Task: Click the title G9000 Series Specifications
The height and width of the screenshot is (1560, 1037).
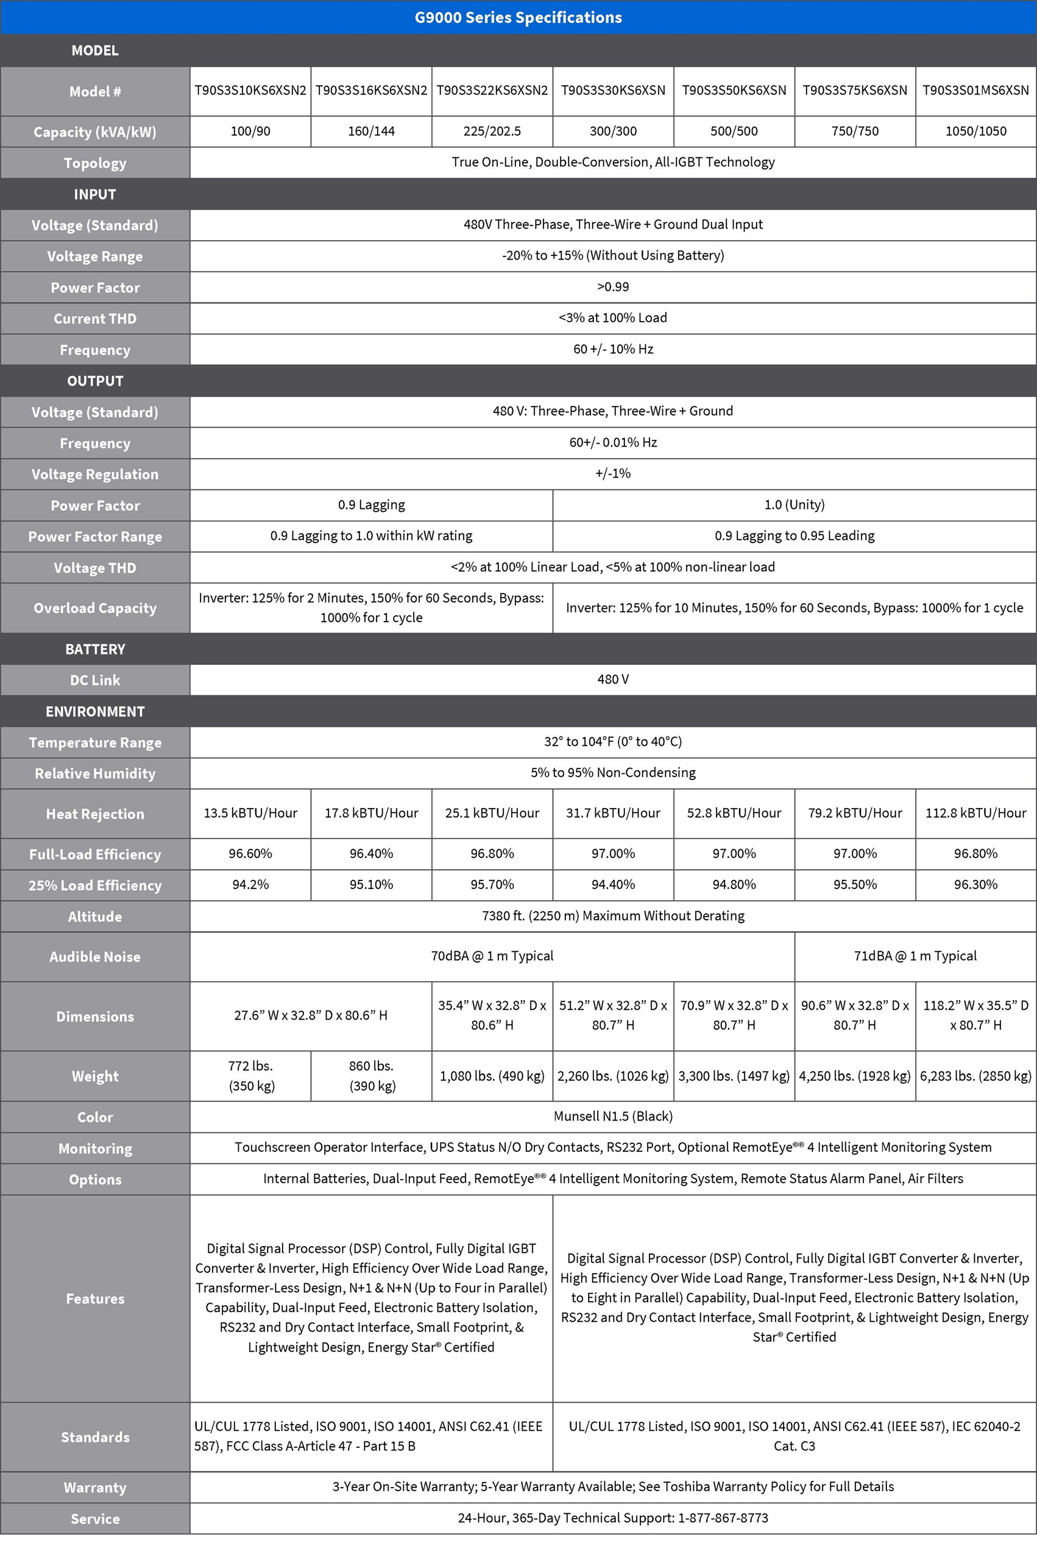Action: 518,17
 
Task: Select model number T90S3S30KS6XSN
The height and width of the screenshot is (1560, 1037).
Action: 613,91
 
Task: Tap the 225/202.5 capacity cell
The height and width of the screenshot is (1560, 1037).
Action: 492,131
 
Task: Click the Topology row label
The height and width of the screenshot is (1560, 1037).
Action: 94,163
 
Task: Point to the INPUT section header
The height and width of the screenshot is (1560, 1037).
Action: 94,194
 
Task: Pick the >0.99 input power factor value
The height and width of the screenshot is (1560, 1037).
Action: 613,287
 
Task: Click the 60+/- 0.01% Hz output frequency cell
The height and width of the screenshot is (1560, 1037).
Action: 613,442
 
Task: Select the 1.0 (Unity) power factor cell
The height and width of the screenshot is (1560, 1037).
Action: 795,505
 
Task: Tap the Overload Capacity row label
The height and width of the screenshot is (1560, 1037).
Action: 94,608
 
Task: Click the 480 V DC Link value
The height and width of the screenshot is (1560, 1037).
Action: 613,679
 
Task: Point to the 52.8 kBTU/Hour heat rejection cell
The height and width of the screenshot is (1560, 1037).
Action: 734,813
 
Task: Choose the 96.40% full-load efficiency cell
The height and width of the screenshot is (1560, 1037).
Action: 371,853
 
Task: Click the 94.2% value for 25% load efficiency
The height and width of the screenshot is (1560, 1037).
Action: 250,884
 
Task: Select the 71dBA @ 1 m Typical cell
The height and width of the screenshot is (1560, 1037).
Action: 915,955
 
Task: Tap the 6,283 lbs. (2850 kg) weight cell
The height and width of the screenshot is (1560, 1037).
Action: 975,1076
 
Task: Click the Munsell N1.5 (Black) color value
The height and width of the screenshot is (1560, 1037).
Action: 613,1116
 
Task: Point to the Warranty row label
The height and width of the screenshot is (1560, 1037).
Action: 94,1487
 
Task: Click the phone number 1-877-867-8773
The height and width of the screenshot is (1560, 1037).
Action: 723,1518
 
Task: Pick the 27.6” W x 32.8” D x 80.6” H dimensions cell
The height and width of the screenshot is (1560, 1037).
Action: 311,1015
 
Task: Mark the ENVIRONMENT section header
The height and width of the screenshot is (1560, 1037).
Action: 94,712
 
